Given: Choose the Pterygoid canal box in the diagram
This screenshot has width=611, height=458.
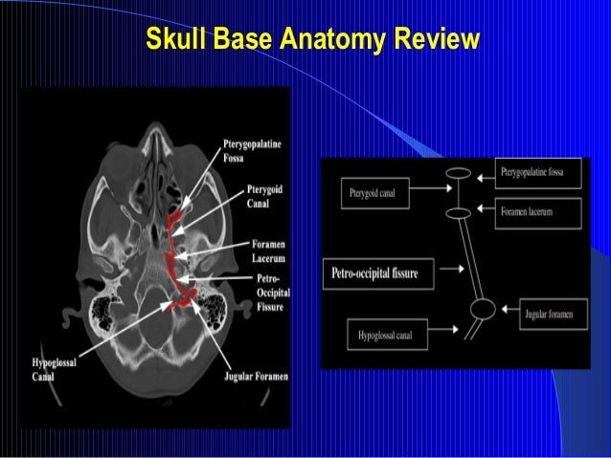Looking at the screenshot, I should [x=375, y=196].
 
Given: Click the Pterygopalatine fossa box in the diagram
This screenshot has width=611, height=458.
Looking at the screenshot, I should [x=539, y=173].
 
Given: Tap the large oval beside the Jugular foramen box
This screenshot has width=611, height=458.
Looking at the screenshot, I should [x=483, y=310].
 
